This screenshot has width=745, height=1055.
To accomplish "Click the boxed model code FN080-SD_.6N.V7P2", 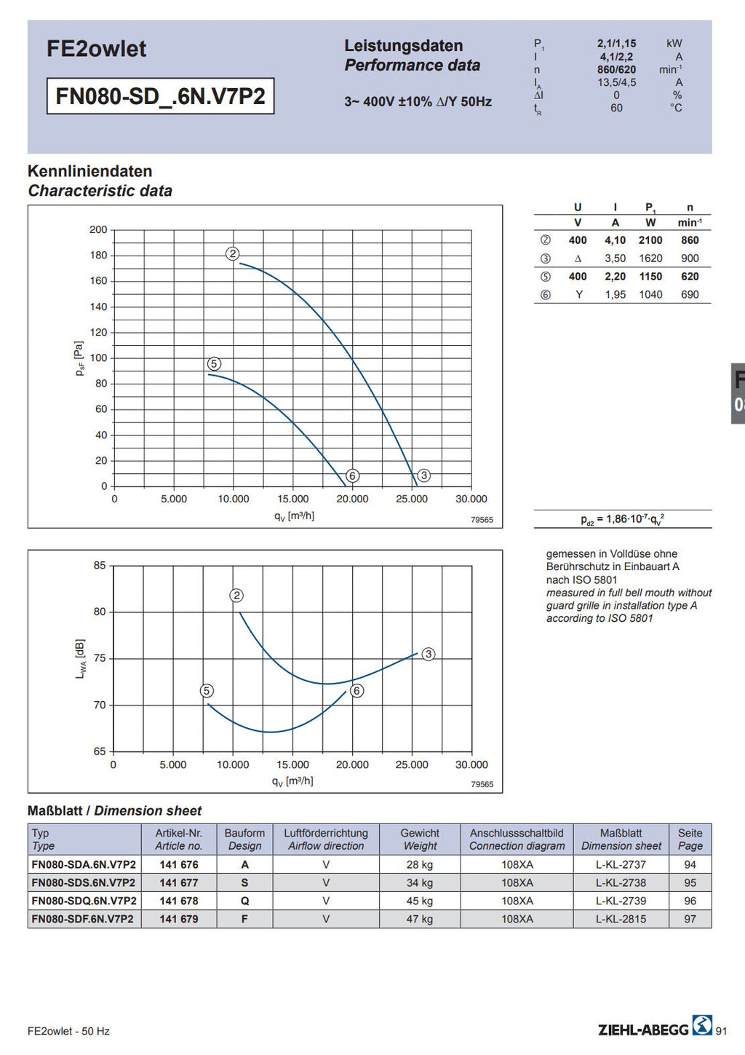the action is click(161, 96).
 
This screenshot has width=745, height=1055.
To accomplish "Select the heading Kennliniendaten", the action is click(90, 171).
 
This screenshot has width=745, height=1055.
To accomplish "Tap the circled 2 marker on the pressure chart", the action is click(233, 254).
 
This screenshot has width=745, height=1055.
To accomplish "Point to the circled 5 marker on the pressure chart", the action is click(214, 363).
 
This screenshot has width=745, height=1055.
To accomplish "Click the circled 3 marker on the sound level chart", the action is click(429, 655).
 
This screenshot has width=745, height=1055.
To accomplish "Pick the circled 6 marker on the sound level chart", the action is click(357, 691).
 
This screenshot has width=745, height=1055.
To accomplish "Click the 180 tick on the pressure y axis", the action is click(98, 256).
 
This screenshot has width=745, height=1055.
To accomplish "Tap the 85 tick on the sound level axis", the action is click(100, 565).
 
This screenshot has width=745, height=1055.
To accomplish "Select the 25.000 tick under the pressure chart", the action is click(412, 499).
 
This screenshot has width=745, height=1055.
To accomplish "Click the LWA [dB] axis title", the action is click(81, 659).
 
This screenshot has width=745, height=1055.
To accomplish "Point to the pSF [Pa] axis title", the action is click(79, 358).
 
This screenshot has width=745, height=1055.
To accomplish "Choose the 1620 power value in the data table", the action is click(650, 258).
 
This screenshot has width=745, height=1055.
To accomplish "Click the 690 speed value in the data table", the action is click(690, 294).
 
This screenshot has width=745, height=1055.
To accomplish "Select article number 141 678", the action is click(179, 901).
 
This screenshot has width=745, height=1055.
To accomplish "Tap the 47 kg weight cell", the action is click(420, 918).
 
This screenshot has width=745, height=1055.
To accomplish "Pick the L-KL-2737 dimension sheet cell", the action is click(621, 864).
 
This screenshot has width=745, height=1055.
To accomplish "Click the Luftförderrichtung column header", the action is click(326, 833).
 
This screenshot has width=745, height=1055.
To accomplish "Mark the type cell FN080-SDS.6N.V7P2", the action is click(83, 882).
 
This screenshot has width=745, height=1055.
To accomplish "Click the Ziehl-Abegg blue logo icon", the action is click(702, 1025).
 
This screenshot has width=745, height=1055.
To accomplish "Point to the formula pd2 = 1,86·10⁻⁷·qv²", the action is click(622, 519).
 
